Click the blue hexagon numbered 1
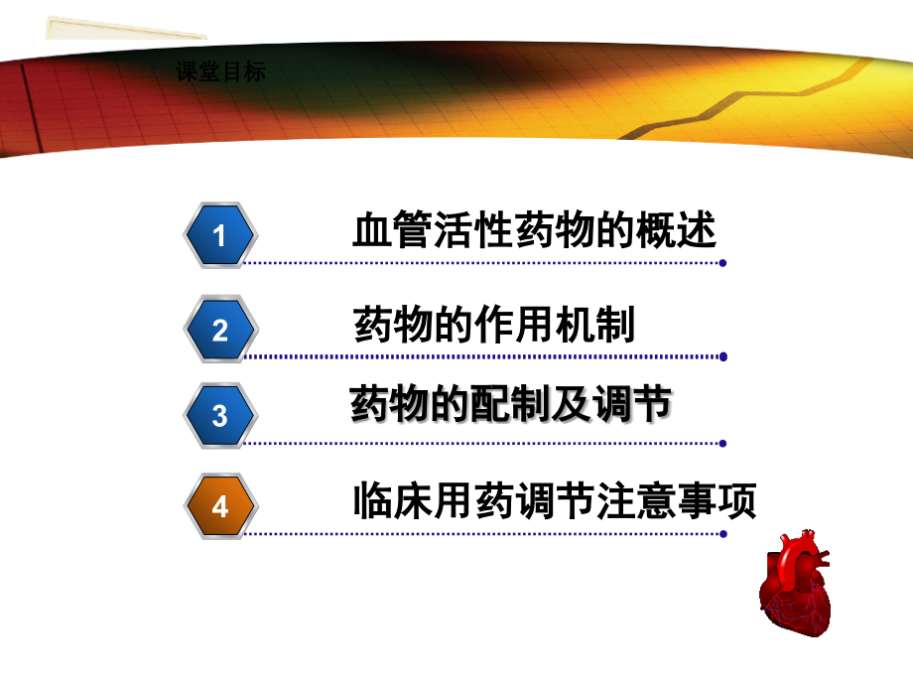219,235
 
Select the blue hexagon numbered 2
219,330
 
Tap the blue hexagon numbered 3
219,415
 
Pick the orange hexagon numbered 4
219,506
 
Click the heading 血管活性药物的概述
534,232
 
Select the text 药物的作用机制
494,326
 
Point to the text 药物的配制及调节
511,406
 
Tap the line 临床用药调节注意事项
555,500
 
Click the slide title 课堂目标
219,72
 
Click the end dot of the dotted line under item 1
723,264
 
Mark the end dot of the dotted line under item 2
723,356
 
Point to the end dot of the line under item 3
723,443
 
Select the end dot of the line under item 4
723,533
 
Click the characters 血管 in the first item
392,232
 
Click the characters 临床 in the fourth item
394,500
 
